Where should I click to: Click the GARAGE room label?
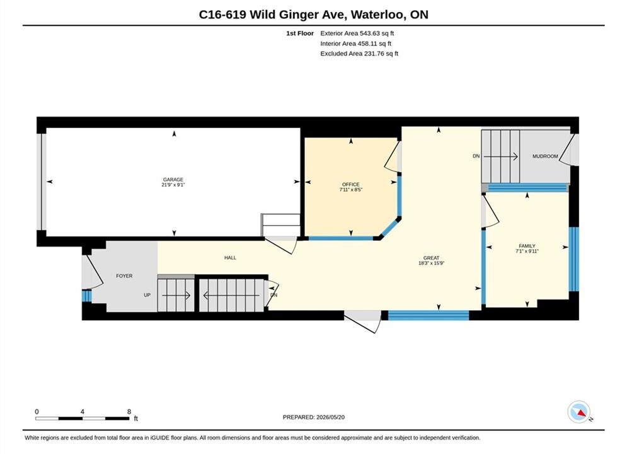pos(173,180)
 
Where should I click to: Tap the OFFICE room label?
pos(351,184)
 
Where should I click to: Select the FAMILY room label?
pos(527,246)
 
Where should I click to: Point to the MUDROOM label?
pos(545,156)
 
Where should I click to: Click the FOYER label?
pos(124,276)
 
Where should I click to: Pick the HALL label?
pos(230,258)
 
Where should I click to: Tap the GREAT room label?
pos(431,258)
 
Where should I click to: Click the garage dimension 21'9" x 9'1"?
pos(173,185)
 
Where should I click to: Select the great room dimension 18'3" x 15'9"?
pos(431,263)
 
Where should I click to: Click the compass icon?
pos(578,412)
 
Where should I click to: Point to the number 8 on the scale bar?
pos(129,411)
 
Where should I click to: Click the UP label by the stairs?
pos(147,295)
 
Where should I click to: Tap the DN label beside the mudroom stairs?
pos(476,156)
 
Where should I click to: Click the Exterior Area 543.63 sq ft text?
pos(357,33)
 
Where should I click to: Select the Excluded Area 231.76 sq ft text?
pos(359,53)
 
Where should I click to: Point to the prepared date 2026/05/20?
pos(330,417)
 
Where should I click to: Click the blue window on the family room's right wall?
pos(573,259)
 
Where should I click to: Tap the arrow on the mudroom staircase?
pos(500,156)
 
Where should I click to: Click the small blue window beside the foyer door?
pos(86,296)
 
